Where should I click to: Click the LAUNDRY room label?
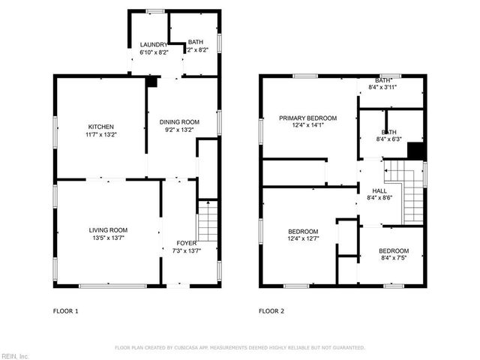[x=154, y=44]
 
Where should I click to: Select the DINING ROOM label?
[x=179, y=121]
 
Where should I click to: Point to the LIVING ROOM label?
[x=108, y=230]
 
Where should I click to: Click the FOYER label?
[x=187, y=242]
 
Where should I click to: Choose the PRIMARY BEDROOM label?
[x=307, y=118]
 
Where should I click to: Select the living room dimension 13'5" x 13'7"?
[x=108, y=238]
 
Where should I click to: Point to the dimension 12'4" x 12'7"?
[x=303, y=239]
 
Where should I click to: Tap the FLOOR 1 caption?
[x=65, y=310]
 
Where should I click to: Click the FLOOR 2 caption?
[x=272, y=310]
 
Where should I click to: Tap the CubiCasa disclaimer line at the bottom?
[x=239, y=348]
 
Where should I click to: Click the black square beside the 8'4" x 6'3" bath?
[x=415, y=151]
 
